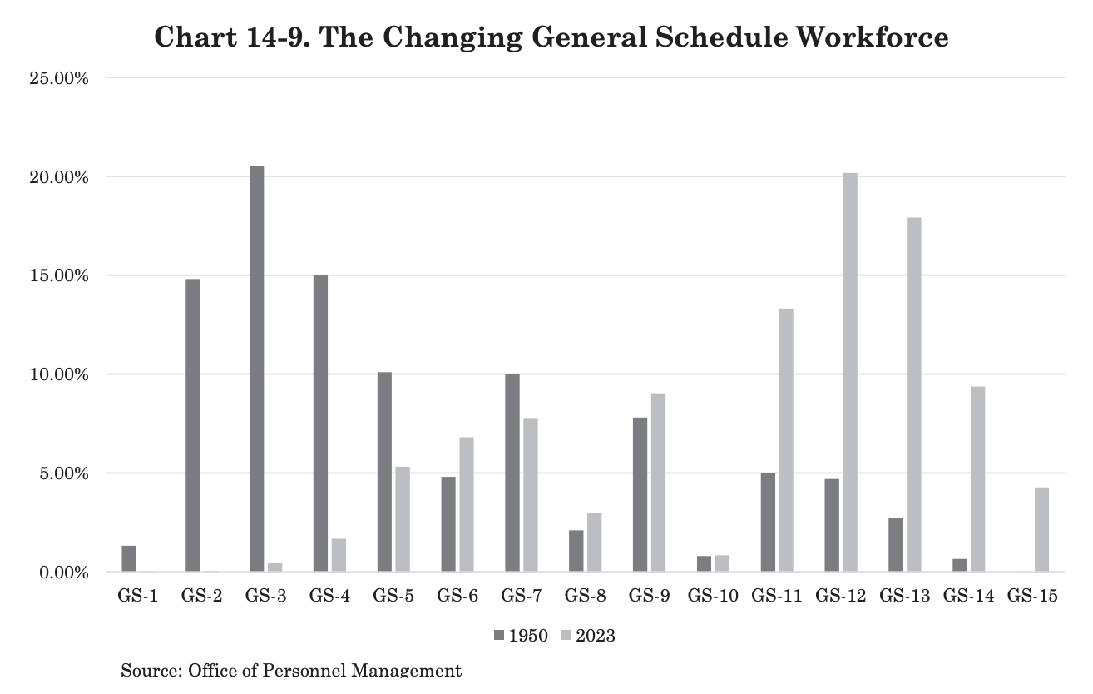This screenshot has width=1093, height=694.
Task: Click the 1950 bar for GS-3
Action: tap(257, 369)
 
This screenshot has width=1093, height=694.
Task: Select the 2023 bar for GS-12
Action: tap(850, 372)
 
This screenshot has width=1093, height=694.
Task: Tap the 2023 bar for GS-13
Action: tap(914, 394)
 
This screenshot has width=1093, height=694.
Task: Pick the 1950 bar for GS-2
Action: tap(193, 425)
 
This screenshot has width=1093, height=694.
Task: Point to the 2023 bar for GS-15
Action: tap(1041, 529)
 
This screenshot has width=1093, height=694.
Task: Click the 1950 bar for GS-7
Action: tap(512, 473)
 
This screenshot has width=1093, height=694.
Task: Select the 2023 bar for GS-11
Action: tap(786, 440)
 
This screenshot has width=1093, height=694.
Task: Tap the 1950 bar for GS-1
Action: tap(129, 559)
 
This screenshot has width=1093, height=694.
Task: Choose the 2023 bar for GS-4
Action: tap(339, 555)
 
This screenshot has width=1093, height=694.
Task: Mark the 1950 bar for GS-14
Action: tap(959, 566)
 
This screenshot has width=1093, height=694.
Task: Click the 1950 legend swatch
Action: tap(499, 635)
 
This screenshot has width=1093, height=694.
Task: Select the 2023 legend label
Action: tap(596, 636)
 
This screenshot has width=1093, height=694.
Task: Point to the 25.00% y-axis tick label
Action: tap(59, 78)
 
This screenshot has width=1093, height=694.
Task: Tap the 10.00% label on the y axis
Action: tap(59, 374)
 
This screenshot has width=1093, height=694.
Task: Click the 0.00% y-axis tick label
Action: tap(64, 573)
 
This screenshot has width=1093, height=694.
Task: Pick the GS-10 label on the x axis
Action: tap(713, 596)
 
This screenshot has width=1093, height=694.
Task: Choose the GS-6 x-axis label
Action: tap(457, 596)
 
